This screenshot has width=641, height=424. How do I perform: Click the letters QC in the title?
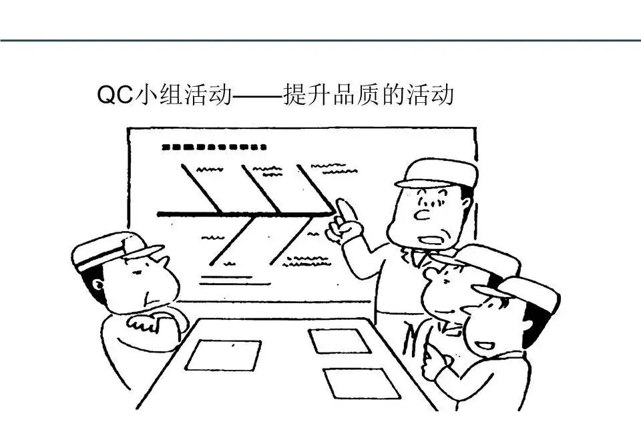[x=115, y=95]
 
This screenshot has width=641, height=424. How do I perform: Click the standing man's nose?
[x=422, y=214]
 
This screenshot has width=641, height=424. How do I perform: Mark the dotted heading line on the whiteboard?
[x=214, y=147]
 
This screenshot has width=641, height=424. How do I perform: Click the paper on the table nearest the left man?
[x=223, y=355]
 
